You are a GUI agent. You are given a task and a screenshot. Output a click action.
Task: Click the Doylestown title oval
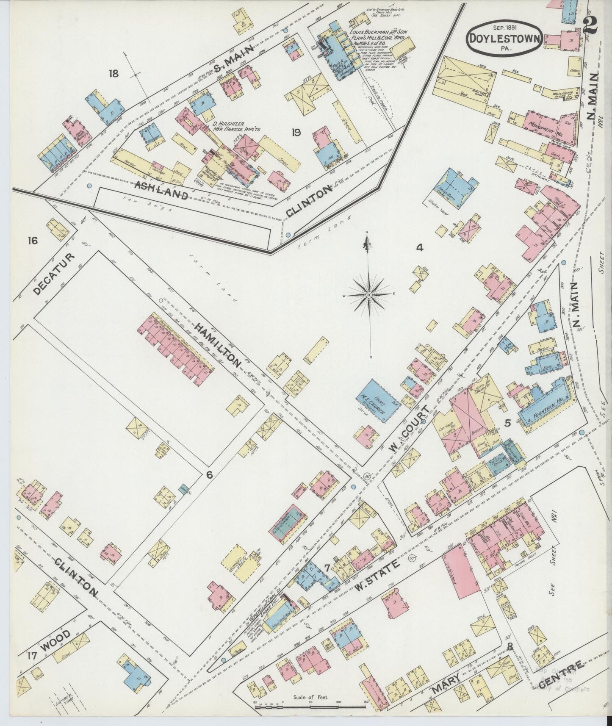tap(504, 39)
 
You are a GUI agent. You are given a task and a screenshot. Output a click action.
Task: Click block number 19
tap(296, 133)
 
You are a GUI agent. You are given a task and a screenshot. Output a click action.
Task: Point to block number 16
tap(33, 241)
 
